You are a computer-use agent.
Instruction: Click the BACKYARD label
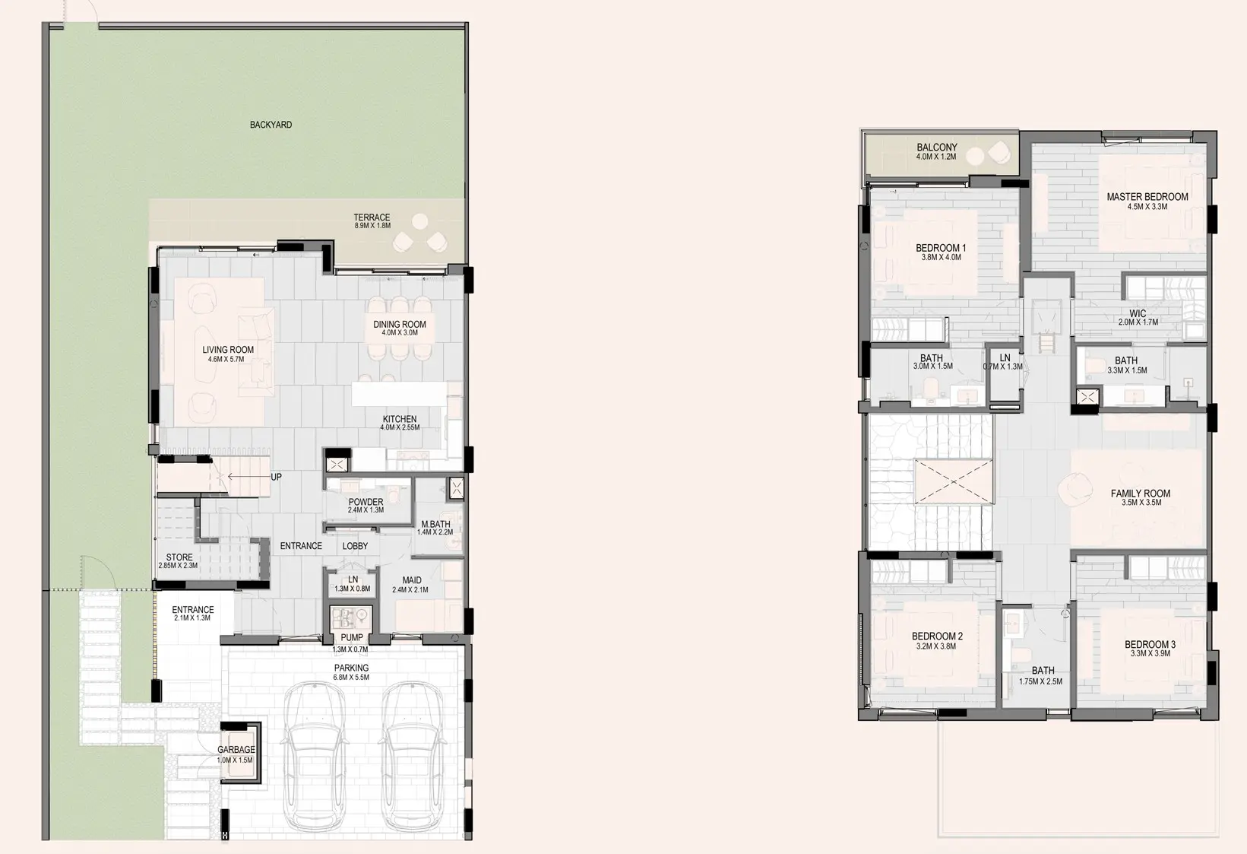(271, 125)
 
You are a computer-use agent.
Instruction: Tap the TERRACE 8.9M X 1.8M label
(372, 221)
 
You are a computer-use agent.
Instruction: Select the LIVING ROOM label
(228, 354)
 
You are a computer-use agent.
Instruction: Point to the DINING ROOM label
(400, 328)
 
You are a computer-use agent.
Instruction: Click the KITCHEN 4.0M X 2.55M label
(400, 423)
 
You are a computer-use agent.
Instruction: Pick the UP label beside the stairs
(276, 478)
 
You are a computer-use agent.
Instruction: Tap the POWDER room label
(366, 506)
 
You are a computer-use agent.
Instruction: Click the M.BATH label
(435, 528)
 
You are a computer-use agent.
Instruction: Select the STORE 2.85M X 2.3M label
(179, 561)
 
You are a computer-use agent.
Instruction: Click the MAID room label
(411, 584)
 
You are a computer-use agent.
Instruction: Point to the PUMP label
(351, 642)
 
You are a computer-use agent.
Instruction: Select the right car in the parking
(410, 757)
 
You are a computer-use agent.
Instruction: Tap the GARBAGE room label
(236, 754)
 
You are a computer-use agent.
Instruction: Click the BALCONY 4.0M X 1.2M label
(936, 151)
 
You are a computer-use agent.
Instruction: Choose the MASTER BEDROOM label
(1147, 201)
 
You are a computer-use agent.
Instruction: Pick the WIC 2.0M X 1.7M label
(1138, 317)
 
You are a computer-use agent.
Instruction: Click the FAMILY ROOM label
(1140, 497)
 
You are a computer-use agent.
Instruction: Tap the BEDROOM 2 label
(937, 640)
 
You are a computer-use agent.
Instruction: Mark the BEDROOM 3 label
(1150, 648)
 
